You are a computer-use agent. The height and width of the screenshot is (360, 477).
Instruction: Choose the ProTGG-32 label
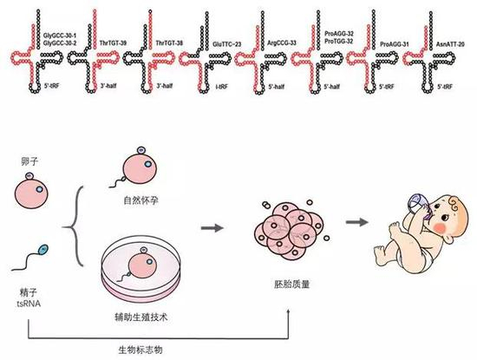click(x=338, y=40)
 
